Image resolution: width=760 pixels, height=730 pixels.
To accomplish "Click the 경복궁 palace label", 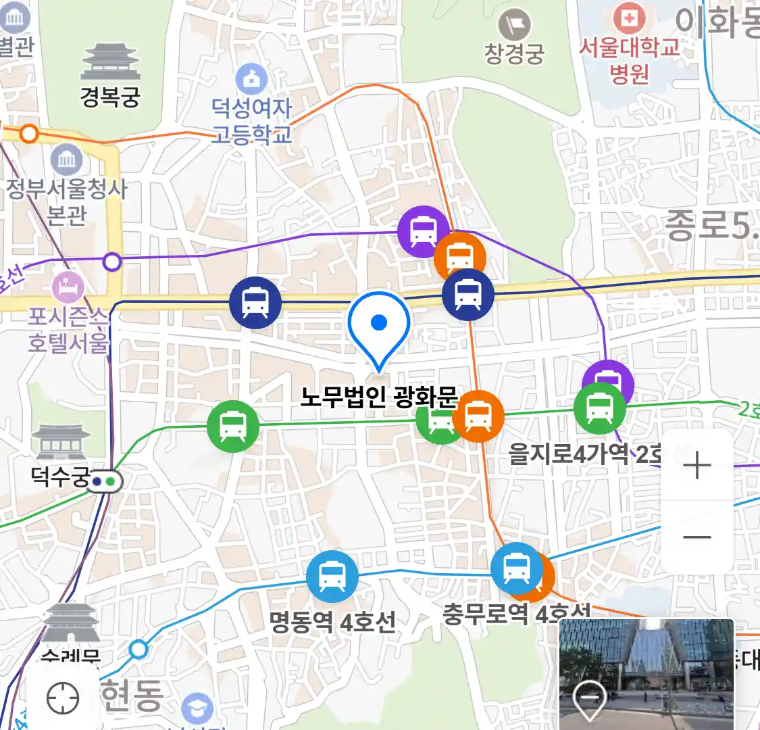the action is tap(110, 97).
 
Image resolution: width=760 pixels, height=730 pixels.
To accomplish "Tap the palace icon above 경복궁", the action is tap(110, 62).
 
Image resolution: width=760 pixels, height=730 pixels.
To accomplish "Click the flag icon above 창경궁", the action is tap(514, 26).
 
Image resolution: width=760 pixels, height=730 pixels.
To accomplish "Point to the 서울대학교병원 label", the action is tap(629, 60).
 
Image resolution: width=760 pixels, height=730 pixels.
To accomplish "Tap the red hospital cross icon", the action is tap(629, 18).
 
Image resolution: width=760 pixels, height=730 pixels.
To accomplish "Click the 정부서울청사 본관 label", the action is tap(67, 201).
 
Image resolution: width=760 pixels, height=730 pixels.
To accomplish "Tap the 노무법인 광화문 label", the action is tap(378, 397).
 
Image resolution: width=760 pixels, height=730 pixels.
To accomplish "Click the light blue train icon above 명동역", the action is tap(332, 577).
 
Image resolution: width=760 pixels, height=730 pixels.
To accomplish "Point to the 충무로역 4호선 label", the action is tap(516, 614).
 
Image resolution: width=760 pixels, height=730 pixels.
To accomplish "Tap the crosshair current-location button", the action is tap(63, 698).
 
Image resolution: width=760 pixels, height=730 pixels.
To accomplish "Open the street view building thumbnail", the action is tap(647, 674).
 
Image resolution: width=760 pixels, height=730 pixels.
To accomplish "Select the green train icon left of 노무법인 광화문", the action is tap(233, 427).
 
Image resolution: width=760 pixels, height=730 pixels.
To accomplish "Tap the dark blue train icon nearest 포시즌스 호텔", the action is tap(255, 302).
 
